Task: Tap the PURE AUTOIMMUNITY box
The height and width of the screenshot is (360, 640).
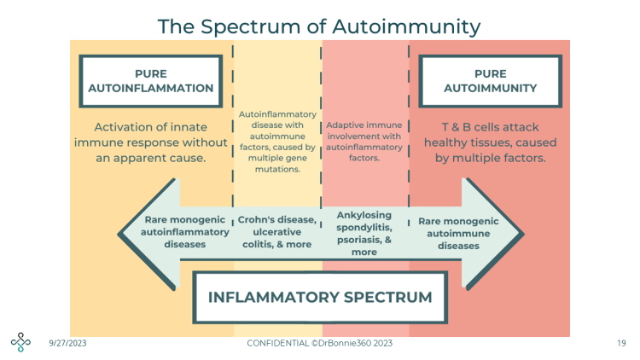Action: (490, 80)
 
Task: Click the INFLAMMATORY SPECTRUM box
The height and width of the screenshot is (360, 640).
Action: (320, 298)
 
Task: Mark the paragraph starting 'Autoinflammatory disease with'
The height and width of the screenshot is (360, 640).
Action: (277, 142)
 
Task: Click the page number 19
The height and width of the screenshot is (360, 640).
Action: (620, 343)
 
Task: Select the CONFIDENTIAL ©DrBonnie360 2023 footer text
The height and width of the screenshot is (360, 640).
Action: (320, 343)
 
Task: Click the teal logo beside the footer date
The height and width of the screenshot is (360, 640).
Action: (20, 342)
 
